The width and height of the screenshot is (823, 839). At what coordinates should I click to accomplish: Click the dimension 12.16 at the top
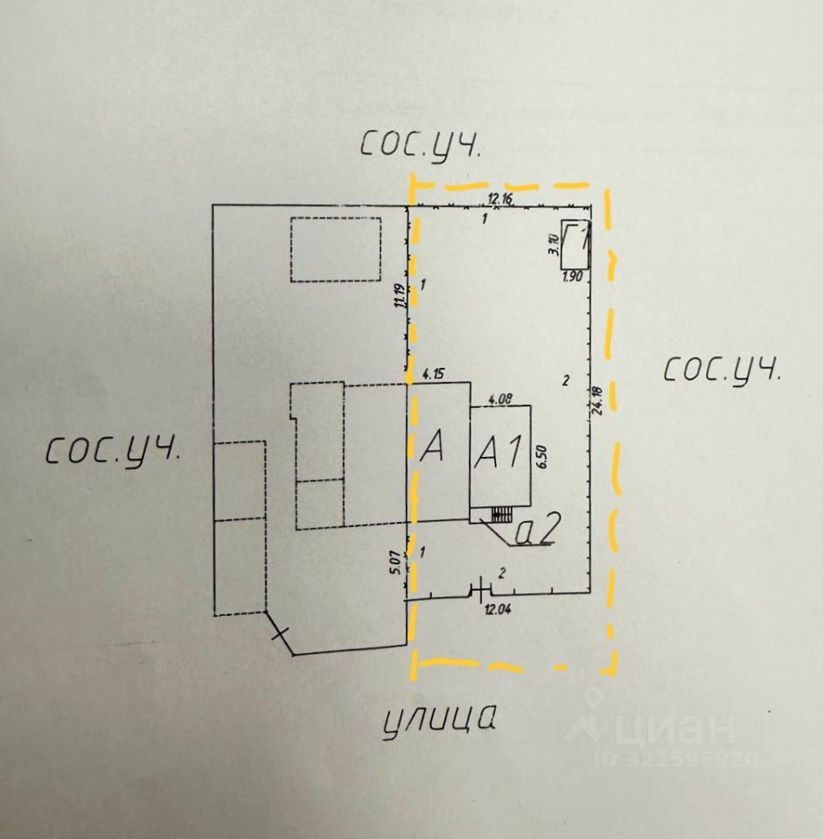point(500,198)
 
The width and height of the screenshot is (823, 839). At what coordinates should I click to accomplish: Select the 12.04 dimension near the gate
point(496,610)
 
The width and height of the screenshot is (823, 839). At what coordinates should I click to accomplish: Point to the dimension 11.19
point(400,298)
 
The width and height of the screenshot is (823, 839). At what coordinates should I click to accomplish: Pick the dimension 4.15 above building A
point(435,375)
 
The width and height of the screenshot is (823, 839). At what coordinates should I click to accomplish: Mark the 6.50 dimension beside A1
point(541,457)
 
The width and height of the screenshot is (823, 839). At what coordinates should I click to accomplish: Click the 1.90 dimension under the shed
point(573,277)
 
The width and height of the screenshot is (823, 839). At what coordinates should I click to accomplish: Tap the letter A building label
point(434,447)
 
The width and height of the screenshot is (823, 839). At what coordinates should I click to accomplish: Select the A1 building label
point(498,452)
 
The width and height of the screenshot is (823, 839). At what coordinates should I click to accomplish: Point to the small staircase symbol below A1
point(501,515)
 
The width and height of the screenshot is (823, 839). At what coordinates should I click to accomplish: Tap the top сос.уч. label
point(420,146)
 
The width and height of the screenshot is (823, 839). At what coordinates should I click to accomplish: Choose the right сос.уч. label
point(722,370)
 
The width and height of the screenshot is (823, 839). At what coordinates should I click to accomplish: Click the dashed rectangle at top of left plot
point(337,250)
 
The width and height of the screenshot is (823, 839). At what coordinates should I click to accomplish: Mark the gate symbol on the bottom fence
point(481,591)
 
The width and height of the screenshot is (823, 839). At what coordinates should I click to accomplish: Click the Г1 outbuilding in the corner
point(575,244)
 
